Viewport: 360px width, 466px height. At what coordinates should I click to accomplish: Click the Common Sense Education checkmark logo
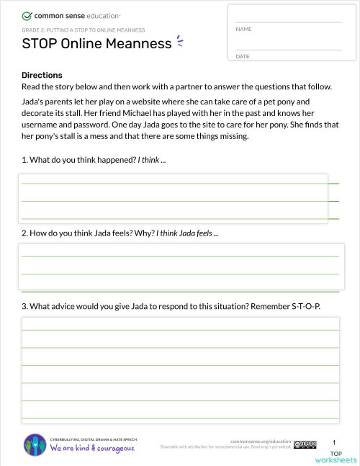click(x=27, y=14)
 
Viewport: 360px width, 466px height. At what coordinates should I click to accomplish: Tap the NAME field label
click(x=243, y=29)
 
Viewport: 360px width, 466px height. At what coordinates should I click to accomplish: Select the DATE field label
click(x=242, y=56)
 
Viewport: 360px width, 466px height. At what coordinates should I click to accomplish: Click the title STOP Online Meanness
click(x=97, y=44)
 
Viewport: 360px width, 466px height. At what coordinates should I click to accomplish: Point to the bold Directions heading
click(x=42, y=75)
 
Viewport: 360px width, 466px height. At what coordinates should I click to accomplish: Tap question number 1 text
click(x=94, y=159)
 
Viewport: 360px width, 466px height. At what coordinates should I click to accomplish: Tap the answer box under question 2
click(x=181, y=266)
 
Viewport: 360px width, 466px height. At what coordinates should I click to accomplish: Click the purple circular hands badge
click(x=35, y=444)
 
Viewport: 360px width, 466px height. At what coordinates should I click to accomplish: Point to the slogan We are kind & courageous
click(x=92, y=449)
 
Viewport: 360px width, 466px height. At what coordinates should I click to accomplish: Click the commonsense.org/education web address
click(x=261, y=441)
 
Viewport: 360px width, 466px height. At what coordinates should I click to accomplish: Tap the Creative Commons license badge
click(x=305, y=444)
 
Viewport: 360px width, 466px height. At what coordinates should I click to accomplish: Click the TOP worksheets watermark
click(x=336, y=457)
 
